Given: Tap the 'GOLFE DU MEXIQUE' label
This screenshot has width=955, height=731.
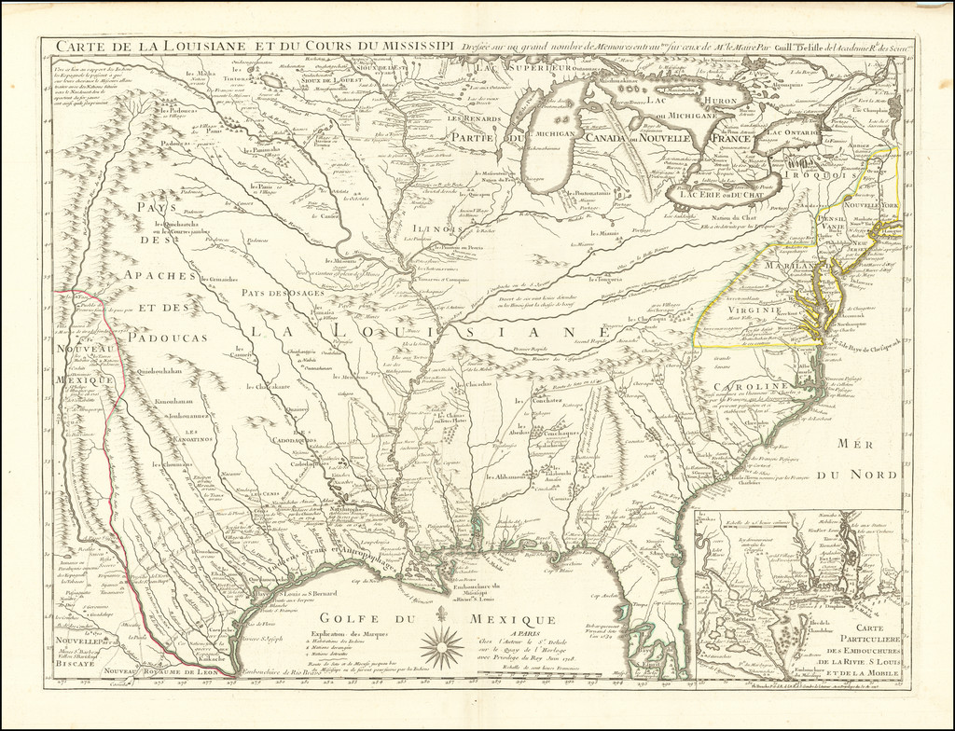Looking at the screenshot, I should (437, 620).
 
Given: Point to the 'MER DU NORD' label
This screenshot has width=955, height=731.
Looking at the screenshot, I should (867, 461).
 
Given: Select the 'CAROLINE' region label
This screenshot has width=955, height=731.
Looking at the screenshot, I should (753, 386).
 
